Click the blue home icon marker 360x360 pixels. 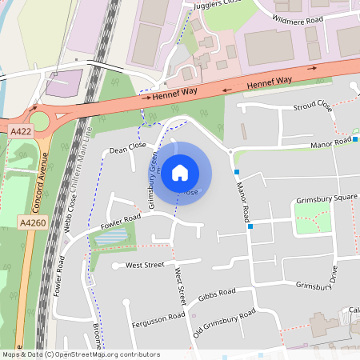tap(180, 173)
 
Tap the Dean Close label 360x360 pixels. tap(128, 149)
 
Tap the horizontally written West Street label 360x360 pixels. tap(144, 264)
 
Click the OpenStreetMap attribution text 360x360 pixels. tap(80, 354)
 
